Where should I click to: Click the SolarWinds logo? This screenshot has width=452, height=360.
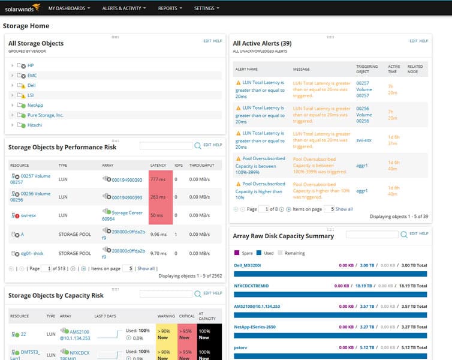(21, 8)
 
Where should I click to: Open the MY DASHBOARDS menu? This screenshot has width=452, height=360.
(69, 8)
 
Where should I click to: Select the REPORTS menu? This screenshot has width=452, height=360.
(170, 8)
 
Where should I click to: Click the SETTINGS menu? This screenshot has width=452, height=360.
(206, 8)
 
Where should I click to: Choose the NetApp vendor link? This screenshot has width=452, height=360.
(35, 105)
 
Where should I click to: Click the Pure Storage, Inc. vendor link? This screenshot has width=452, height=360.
(46, 115)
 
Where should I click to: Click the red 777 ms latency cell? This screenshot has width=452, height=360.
(158, 179)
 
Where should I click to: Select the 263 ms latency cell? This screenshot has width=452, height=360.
(158, 197)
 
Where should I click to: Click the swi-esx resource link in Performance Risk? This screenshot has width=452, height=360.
(28, 215)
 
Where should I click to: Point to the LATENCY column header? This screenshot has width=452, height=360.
(158, 164)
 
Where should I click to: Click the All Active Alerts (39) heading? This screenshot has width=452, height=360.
(262, 43)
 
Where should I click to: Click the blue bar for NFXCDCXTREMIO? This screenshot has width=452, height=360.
(330, 294)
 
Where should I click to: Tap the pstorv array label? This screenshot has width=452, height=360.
(241, 347)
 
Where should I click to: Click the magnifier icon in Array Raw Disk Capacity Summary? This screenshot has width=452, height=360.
(404, 234)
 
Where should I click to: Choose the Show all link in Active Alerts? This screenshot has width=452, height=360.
(344, 209)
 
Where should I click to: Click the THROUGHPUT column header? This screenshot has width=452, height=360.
(201, 164)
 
